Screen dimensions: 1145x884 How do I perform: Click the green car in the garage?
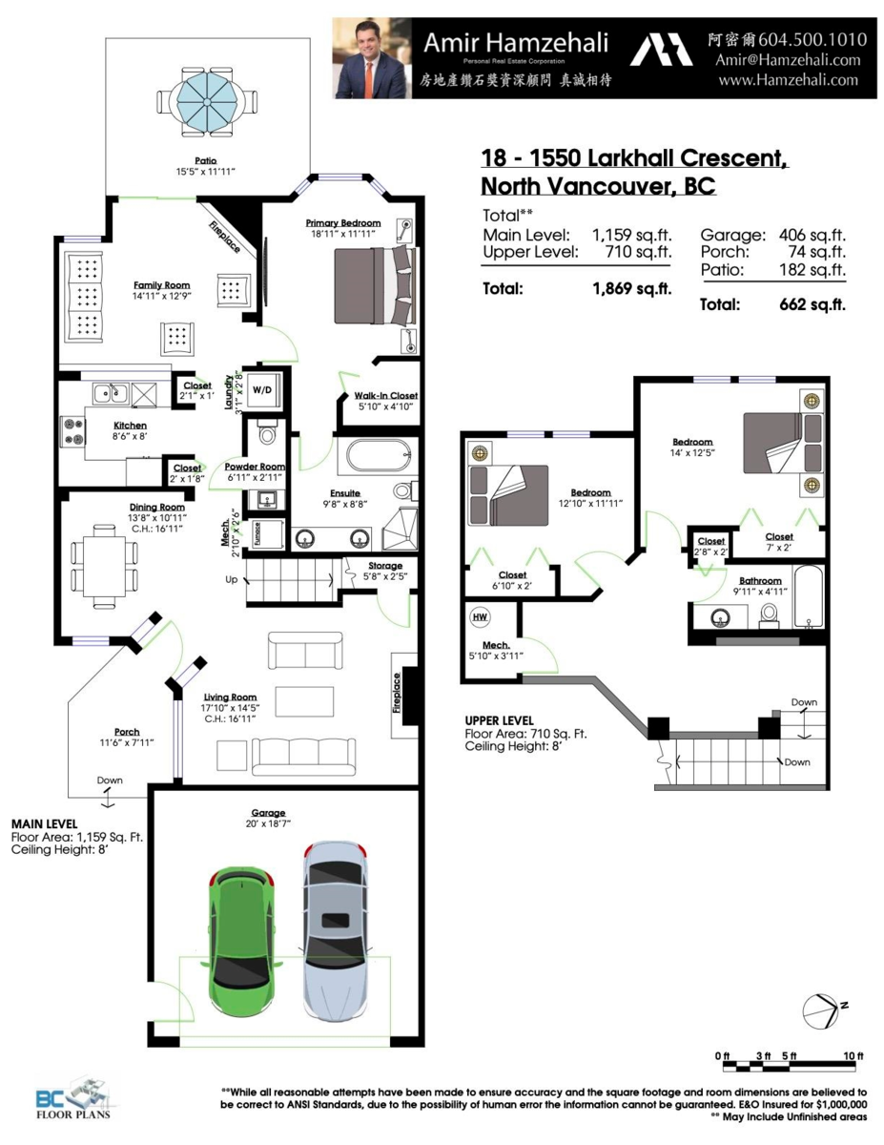[x=238, y=930]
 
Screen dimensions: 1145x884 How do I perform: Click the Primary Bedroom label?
[x=342, y=223]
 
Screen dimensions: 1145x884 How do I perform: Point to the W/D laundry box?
[x=261, y=388]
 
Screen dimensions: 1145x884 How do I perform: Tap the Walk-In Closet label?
[x=386, y=395]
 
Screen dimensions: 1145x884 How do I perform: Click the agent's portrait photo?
[x=372, y=58]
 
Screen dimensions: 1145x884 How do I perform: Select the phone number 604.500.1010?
[x=814, y=40]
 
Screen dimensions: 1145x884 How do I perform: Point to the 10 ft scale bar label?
[x=852, y=1056]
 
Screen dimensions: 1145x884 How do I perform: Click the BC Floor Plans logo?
[x=72, y=1102]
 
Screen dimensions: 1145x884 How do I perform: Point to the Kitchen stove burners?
[x=73, y=431]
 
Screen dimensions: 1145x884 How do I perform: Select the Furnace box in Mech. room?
[x=257, y=534]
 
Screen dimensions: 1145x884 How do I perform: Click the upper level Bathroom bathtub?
[x=810, y=597]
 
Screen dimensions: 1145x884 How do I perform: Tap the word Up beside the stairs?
[x=231, y=579]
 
